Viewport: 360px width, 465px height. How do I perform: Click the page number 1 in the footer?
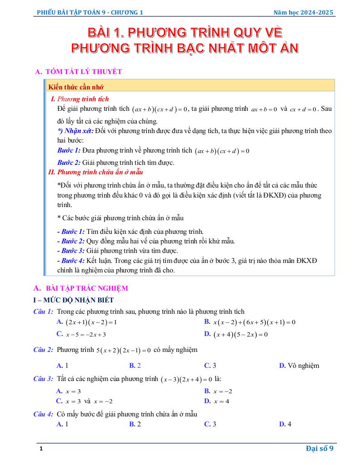(x=41, y=449)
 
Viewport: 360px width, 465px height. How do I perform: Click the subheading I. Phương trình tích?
(x=80, y=99)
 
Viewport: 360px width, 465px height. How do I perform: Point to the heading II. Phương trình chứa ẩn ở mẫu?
(x=95, y=172)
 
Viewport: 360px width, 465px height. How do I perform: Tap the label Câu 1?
(x=44, y=312)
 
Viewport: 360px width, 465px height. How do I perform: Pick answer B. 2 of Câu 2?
(x=135, y=365)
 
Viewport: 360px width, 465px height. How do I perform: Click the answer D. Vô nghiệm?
(x=299, y=365)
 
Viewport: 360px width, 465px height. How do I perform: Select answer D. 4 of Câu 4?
(x=285, y=424)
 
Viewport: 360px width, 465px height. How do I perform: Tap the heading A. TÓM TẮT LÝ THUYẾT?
(x=78, y=72)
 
